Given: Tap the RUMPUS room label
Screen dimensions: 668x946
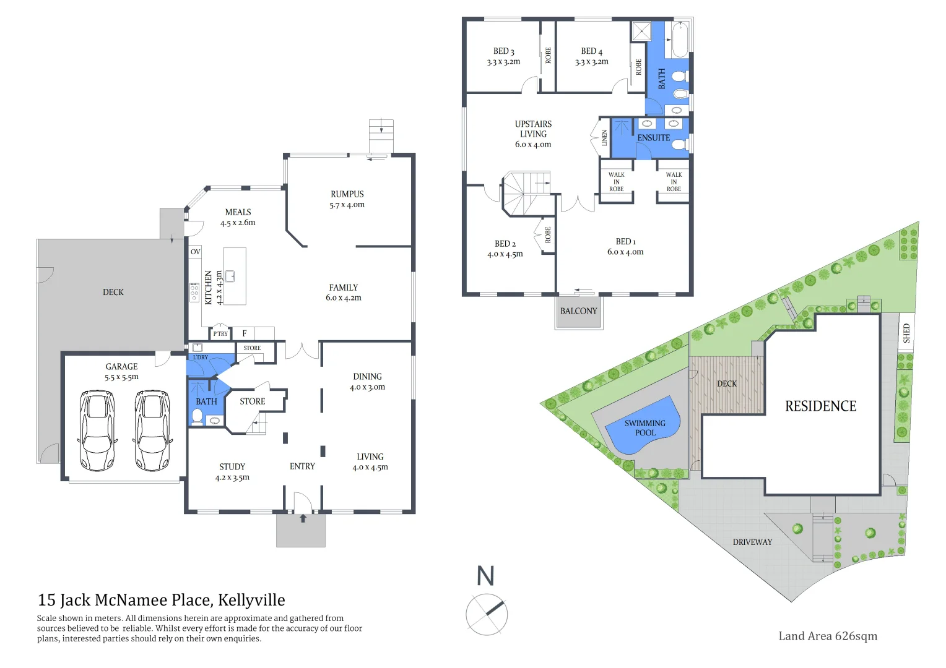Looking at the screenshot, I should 347,194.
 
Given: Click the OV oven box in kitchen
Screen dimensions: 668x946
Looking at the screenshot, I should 196,252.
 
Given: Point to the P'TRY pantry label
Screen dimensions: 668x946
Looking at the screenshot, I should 220,334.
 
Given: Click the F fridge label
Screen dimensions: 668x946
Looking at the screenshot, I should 245,333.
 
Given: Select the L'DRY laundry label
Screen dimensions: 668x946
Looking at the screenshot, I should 201,358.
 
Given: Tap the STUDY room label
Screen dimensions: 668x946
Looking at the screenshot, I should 232,467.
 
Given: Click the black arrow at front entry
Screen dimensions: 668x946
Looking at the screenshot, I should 303,518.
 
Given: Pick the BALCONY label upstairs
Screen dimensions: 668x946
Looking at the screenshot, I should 579,311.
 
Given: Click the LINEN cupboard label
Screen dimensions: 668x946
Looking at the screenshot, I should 605,138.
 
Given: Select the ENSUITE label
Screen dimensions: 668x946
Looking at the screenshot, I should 654,138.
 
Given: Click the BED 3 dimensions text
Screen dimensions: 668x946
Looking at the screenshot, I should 503,62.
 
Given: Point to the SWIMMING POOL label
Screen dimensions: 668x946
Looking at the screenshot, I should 644,428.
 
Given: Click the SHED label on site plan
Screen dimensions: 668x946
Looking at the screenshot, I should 906,333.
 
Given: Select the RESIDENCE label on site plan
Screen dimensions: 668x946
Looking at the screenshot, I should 820,406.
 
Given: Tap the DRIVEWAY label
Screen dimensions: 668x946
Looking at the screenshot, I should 752,542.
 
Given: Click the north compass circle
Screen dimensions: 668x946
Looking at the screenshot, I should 487,615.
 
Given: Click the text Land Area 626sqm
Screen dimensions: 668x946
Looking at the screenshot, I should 827,636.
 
